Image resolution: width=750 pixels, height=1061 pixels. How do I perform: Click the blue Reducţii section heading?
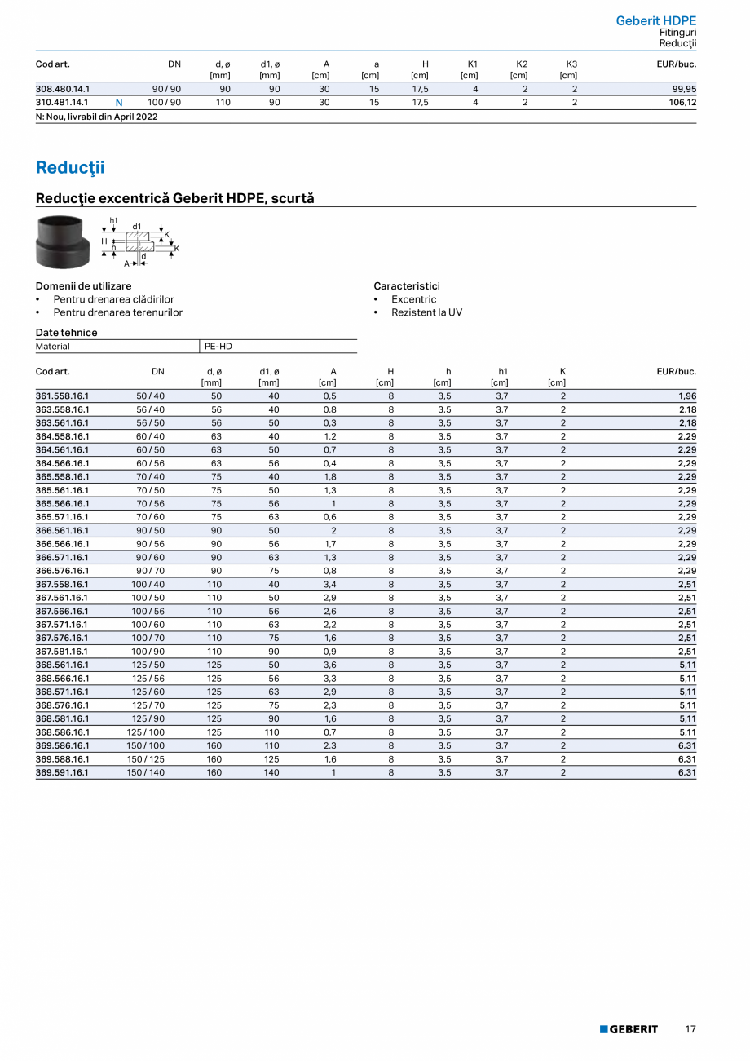coord(70,168)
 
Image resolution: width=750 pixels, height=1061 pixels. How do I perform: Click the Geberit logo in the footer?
coord(629,1030)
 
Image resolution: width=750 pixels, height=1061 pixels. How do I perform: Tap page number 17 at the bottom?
coord(690,1030)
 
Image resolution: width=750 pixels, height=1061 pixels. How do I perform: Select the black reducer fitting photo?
coord(63,241)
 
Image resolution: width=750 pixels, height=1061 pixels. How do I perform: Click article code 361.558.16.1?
coord(62,396)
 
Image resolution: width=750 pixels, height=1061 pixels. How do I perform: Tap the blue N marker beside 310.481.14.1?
coord(119,103)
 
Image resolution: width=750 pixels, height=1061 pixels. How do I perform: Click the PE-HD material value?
coord(218,347)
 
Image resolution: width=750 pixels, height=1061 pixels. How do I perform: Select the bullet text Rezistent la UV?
coord(426,312)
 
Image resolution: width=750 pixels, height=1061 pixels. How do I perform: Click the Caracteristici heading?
coord(406,286)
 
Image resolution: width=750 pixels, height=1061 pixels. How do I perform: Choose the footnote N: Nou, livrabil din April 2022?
coord(96,117)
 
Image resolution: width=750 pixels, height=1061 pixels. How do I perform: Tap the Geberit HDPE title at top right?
coord(655,20)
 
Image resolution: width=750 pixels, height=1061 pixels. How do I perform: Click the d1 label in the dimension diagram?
coord(137,226)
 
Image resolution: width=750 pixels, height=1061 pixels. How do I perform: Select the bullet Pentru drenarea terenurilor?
coord(117,312)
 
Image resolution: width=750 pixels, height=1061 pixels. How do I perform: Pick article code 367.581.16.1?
coord(62,652)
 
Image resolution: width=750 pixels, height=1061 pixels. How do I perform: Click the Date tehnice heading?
coord(66,333)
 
